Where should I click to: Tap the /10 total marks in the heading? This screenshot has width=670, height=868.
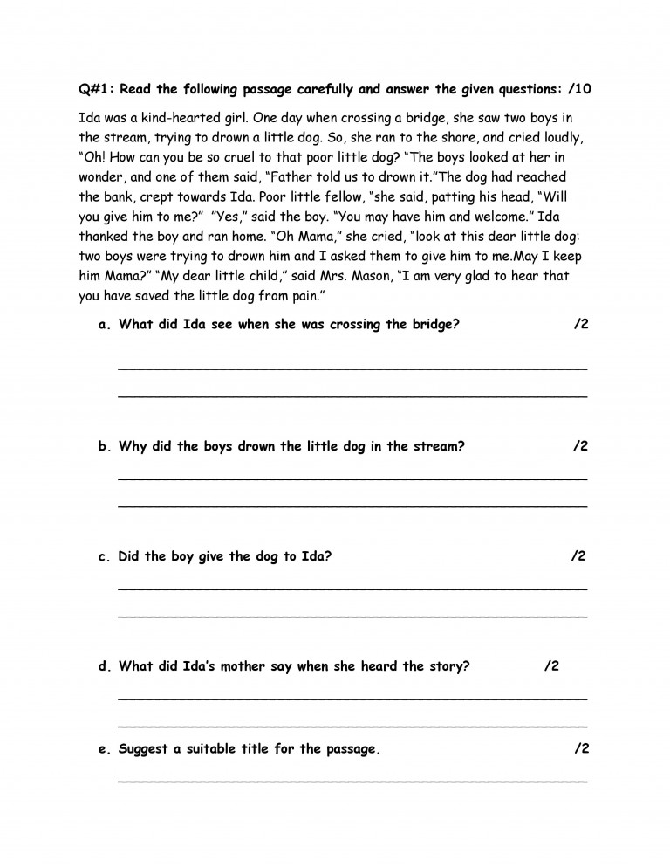(x=583, y=90)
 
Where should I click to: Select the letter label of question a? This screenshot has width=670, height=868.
(x=104, y=325)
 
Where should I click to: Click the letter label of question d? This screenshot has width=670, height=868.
(x=104, y=666)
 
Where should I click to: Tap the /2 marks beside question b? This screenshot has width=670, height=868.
(x=581, y=446)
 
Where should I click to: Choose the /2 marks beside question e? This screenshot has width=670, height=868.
(x=583, y=749)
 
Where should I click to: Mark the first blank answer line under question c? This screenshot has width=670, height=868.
(x=352, y=589)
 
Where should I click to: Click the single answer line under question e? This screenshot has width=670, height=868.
(x=352, y=780)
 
